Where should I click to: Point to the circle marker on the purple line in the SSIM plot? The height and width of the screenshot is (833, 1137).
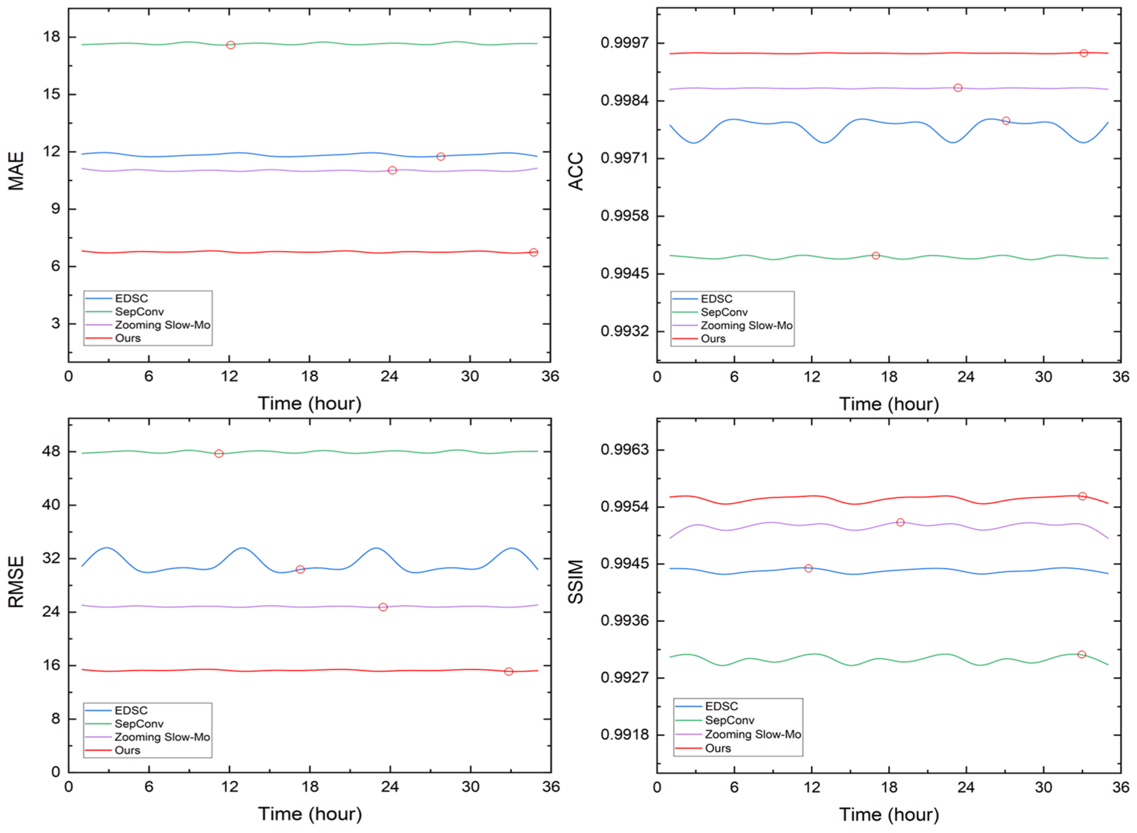(x=900, y=523)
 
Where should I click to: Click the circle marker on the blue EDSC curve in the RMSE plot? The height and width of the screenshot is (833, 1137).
(x=300, y=569)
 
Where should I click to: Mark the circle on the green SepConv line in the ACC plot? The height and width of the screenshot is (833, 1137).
(x=876, y=256)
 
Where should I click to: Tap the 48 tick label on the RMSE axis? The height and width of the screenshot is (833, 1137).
(x=51, y=451)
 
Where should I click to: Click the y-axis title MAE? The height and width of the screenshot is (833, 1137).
(x=16, y=171)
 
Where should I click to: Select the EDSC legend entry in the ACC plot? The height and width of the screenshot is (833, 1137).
(x=716, y=299)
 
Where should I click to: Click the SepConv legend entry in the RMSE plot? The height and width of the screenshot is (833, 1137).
(x=139, y=724)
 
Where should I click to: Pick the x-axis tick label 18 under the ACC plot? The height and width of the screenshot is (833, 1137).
(x=889, y=377)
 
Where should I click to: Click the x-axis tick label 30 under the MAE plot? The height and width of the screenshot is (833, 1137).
(x=470, y=377)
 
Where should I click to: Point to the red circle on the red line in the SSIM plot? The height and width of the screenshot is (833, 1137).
(x=1082, y=496)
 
